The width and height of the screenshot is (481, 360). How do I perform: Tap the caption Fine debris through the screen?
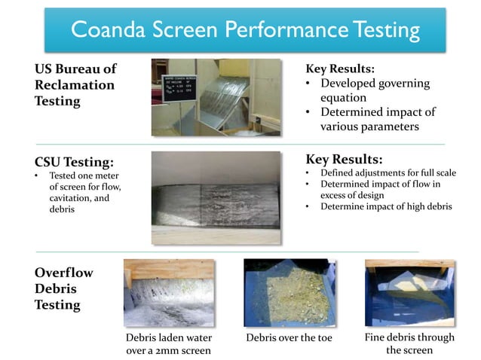coord(409,343)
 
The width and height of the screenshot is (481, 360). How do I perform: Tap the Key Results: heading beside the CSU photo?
coord(344,159)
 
